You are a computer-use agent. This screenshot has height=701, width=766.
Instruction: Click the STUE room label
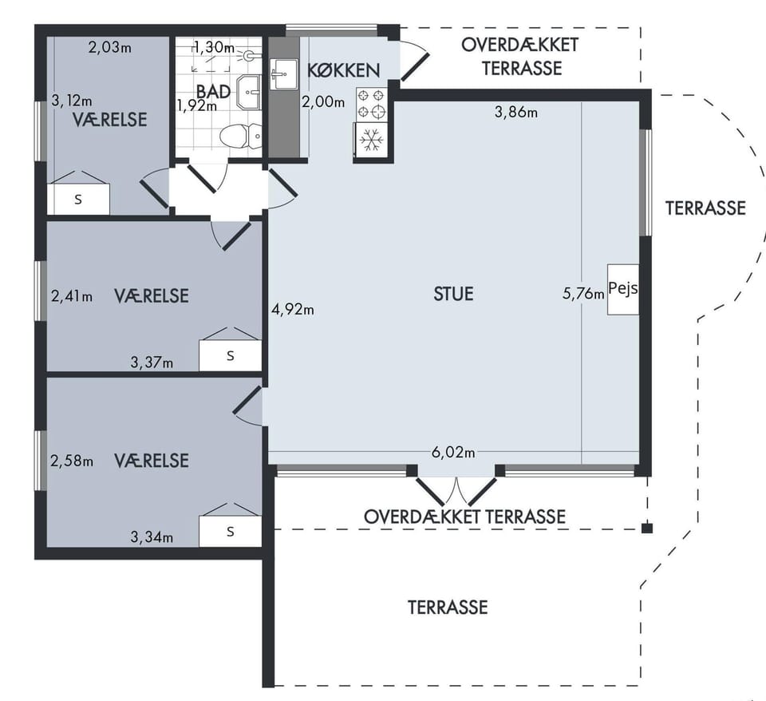pyautogui.click(x=453, y=294)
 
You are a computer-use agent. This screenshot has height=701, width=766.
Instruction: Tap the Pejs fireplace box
pyautogui.click(x=623, y=289)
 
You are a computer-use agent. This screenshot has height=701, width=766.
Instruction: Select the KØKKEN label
pyautogui.click(x=343, y=70)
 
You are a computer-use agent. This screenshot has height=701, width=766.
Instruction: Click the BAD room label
pyautogui.click(x=214, y=91)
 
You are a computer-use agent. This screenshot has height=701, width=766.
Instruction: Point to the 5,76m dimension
pyautogui.click(x=583, y=293)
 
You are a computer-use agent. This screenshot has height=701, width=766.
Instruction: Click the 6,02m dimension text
pyautogui.click(x=453, y=452)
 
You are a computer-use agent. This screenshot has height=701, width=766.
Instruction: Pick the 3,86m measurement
pyautogui.click(x=516, y=112)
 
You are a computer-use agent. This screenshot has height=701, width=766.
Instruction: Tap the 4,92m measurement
pyautogui.click(x=293, y=309)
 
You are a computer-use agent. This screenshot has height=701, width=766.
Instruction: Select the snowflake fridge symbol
pyautogui.click(x=371, y=140)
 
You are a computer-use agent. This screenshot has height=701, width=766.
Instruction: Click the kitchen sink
pyautogui.click(x=283, y=74)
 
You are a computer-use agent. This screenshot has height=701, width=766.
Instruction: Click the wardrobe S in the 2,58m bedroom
pyautogui.click(x=230, y=531)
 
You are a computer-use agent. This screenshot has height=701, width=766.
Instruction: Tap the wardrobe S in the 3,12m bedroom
pyautogui.click(x=78, y=199)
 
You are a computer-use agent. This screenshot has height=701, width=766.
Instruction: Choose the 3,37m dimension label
pyautogui.click(x=152, y=362)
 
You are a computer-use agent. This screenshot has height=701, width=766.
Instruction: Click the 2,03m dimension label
pyautogui.click(x=110, y=47)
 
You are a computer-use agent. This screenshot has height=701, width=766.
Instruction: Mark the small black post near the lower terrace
pyautogui.click(x=647, y=528)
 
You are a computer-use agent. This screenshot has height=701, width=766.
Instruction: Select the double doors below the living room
pyautogui.click(x=456, y=490)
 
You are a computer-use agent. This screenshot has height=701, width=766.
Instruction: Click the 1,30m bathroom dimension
pyautogui.click(x=214, y=47)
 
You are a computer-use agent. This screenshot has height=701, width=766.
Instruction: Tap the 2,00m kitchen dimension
pyautogui.click(x=323, y=101)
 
